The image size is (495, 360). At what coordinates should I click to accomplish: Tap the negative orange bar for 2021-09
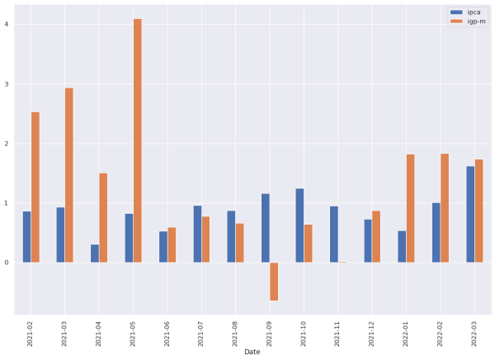274,282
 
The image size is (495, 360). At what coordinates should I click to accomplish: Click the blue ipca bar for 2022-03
470,215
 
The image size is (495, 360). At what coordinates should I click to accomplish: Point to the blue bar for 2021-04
95,253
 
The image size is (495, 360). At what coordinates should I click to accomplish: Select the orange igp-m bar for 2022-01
411,208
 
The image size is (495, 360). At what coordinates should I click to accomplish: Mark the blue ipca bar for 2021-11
334,234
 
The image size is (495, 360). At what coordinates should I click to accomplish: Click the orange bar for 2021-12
376,237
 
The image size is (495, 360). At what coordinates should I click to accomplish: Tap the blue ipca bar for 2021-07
198,234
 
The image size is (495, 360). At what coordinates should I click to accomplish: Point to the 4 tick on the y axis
7,24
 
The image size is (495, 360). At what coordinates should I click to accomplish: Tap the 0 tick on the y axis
7,263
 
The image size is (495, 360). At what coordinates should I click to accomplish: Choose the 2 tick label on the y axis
7,144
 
